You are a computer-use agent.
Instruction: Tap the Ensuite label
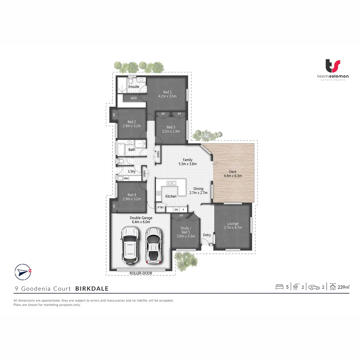point(134,87)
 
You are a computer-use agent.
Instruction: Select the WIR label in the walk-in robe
point(134,98)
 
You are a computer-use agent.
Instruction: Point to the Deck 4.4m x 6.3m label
point(233,174)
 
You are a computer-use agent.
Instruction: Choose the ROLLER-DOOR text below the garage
point(141,273)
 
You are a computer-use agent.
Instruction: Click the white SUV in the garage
point(130,244)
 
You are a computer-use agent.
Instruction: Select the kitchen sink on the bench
point(171,183)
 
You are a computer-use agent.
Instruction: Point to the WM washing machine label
point(126,179)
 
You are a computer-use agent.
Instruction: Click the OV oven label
point(176,210)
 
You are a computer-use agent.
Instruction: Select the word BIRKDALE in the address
point(92,289)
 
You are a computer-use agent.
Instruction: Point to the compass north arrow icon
point(23,271)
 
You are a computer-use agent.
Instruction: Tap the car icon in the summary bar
point(314,287)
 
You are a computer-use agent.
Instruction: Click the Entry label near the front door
point(207,235)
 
